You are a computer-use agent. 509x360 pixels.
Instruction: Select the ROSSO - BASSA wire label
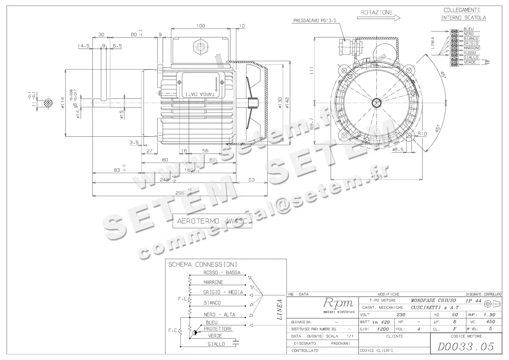click(222, 272)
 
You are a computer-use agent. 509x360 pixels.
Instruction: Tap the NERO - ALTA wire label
click(219, 315)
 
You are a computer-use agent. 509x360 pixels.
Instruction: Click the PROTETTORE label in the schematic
click(218, 329)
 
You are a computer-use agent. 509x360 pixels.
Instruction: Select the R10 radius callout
click(422, 134)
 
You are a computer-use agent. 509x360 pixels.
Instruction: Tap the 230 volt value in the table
click(400, 315)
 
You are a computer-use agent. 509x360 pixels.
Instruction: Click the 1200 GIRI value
click(383, 329)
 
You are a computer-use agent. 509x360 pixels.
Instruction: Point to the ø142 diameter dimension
click(287, 102)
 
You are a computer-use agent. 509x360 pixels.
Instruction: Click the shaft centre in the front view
click(376, 102)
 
